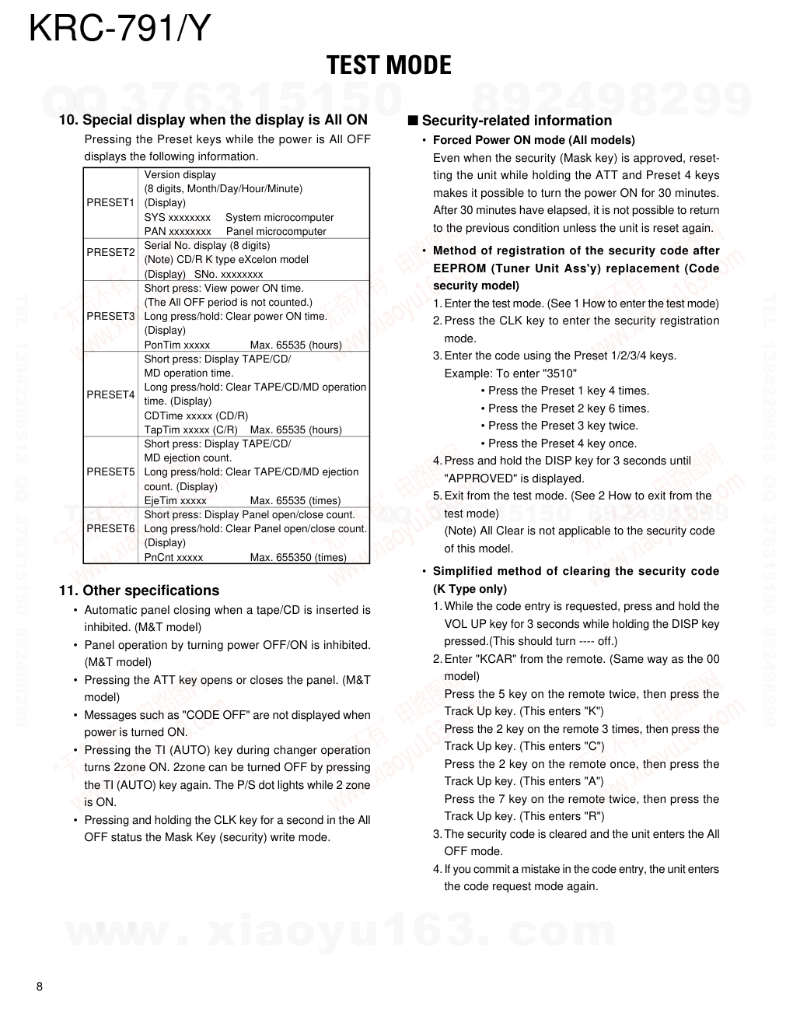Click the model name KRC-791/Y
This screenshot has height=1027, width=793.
(120, 29)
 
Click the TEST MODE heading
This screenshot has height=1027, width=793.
(389, 65)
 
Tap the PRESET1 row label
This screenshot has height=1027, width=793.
(110, 203)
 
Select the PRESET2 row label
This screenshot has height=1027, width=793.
(110, 252)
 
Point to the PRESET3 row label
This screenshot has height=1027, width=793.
(110, 316)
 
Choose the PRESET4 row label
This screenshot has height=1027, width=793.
(110, 394)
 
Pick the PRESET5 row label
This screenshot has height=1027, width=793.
(110, 471)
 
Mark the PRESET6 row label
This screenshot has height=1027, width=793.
(110, 528)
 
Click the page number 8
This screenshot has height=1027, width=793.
(40, 987)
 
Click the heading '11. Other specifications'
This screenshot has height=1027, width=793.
(139, 591)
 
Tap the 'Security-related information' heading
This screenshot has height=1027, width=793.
(516, 121)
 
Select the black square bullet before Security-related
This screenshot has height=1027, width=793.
(413, 121)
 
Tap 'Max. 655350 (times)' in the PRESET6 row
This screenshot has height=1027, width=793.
(298, 557)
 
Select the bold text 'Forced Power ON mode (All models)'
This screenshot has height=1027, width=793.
(533, 140)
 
